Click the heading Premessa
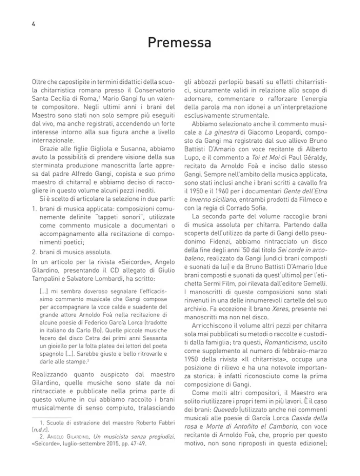point(180,43)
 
